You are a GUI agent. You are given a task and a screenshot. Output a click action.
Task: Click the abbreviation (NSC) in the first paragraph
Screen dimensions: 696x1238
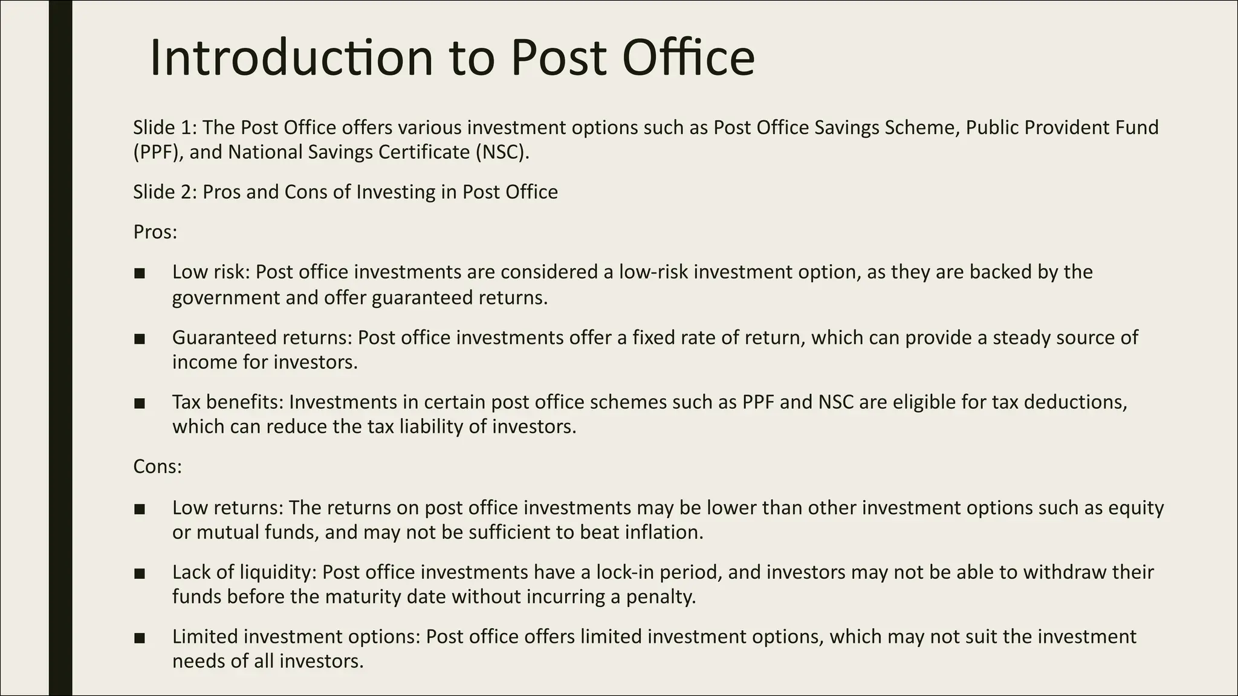point(501,152)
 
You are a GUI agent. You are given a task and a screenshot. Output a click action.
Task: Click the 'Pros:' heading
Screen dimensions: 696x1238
point(155,232)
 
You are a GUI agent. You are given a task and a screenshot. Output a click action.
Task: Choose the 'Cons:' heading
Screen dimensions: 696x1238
point(157,467)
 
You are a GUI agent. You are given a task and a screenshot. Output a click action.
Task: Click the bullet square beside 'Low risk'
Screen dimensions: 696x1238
point(140,273)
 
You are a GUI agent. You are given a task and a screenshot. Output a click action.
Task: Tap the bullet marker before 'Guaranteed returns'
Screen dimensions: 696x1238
point(140,338)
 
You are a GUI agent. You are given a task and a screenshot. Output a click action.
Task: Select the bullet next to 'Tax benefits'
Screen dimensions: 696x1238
point(140,403)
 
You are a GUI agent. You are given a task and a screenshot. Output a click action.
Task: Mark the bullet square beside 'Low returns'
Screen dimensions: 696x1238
point(140,509)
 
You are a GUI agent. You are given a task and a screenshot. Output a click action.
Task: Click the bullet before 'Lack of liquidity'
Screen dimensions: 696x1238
point(140,573)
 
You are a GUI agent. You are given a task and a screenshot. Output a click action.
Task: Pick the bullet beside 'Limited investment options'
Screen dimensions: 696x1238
point(140,637)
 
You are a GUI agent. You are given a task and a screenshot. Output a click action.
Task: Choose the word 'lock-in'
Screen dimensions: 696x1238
point(628,572)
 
